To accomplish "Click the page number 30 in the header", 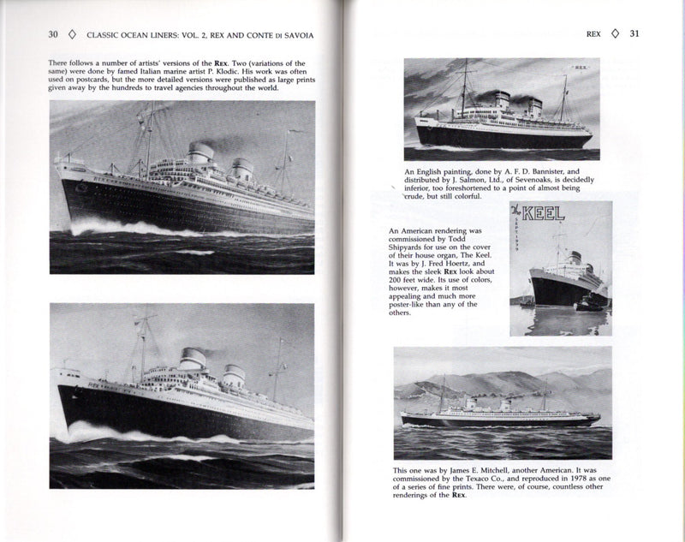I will point(52,34).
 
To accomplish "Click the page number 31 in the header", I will point(634,35).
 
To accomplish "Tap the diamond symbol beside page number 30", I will point(73,35).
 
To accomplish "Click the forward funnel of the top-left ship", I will point(202,155).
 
